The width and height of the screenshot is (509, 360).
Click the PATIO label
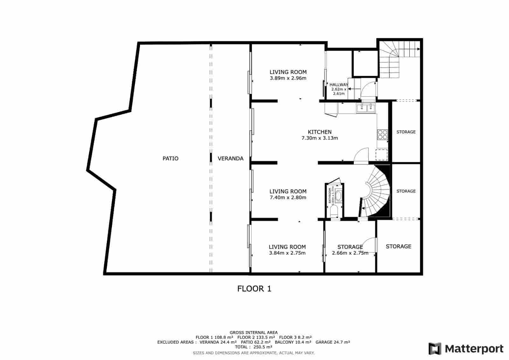(x=171, y=158)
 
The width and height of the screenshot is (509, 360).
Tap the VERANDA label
(x=231, y=158)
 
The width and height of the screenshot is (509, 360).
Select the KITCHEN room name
(x=319, y=132)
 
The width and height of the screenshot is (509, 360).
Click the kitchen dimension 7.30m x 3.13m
(x=319, y=138)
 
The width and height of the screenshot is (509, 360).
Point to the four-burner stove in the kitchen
(x=382, y=135)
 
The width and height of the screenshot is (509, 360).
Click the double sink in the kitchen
(x=366, y=108)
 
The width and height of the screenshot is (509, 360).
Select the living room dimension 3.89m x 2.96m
(x=288, y=78)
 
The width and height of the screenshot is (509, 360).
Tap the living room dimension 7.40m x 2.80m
(x=288, y=197)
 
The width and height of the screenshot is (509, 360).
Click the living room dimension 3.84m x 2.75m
(x=287, y=253)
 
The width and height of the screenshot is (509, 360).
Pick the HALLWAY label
(x=339, y=85)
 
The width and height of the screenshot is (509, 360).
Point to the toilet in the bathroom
(x=334, y=211)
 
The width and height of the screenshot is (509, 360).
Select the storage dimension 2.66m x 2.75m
(x=350, y=253)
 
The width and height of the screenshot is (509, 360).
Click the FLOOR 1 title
(x=254, y=289)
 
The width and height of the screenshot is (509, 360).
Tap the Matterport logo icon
(x=435, y=349)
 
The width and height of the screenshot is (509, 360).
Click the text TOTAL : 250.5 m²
(x=254, y=347)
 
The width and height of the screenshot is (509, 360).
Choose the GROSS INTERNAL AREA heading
(x=254, y=333)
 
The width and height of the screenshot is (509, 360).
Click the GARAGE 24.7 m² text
(x=332, y=342)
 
